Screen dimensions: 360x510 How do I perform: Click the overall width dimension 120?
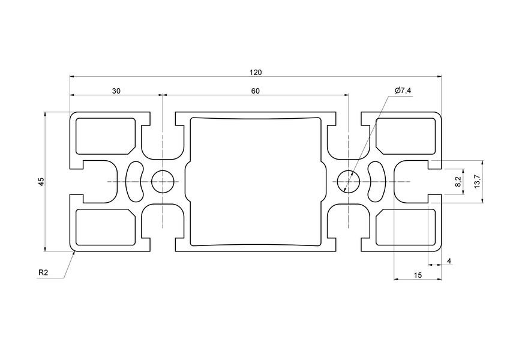[x=256, y=73]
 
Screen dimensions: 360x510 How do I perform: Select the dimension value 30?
[x=116, y=91]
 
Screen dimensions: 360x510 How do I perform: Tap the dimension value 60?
[x=255, y=91]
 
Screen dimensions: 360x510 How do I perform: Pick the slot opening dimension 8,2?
[x=458, y=181]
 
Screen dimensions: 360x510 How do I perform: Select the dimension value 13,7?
[x=476, y=181]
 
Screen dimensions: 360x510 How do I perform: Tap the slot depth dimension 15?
[x=418, y=275]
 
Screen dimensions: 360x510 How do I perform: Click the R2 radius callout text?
[x=43, y=273]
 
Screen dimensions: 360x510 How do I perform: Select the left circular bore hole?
[x=163, y=181]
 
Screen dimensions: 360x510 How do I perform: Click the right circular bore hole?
[x=349, y=181]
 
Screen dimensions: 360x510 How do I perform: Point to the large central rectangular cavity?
[x=256, y=181]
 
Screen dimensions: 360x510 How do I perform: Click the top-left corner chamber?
[x=106, y=134]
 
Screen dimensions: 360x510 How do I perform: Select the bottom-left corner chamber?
[x=106, y=228]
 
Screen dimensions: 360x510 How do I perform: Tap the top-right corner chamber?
[x=406, y=134]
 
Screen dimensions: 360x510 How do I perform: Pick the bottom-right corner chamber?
[x=406, y=228]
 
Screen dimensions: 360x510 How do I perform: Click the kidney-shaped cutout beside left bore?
[x=135, y=181]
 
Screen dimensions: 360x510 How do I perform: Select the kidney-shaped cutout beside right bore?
[x=376, y=181]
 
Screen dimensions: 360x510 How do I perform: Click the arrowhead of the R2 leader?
[x=74, y=253]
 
